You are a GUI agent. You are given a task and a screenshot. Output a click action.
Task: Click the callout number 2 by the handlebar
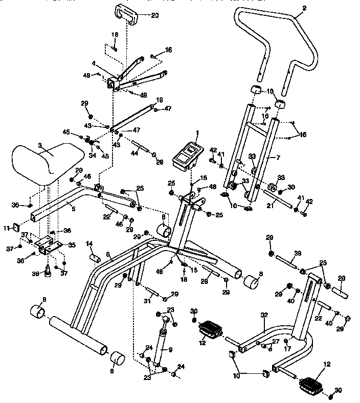[304, 8]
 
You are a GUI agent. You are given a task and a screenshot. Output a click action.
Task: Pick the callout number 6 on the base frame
[108, 254]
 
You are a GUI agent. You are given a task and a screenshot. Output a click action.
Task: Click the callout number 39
[298, 254]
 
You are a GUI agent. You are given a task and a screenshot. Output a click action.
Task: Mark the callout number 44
[136, 153]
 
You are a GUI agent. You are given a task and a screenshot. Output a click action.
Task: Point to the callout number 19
[159, 100]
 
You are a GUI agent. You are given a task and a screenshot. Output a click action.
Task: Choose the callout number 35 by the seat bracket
[72, 245]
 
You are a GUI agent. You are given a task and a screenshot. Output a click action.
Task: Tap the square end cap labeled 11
[15, 227]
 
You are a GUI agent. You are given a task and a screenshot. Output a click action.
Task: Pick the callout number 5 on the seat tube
[73, 209]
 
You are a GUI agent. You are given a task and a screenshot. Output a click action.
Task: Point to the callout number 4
[94, 64]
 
